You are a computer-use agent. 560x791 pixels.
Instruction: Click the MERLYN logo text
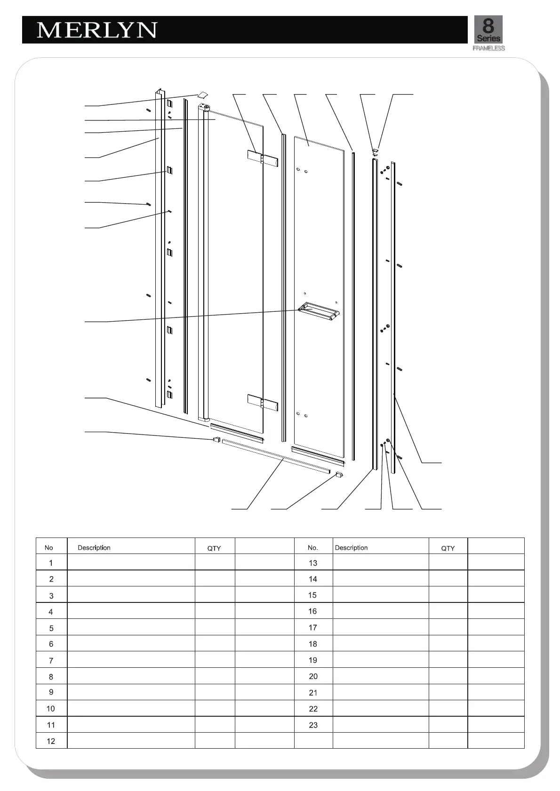pyautogui.click(x=96, y=30)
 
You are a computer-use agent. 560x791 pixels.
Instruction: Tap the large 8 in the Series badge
pyautogui.click(x=488, y=25)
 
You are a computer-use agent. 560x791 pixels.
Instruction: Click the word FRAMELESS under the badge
pyautogui.click(x=488, y=48)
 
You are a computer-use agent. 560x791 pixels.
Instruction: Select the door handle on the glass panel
pyautogui.click(x=319, y=311)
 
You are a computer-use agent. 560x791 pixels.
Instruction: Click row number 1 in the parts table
pyautogui.click(x=51, y=563)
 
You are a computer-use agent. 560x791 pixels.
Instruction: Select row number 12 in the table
pyautogui.click(x=51, y=741)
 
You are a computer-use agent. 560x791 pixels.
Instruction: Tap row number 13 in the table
pyautogui.click(x=313, y=563)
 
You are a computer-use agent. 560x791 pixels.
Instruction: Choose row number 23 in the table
pyautogui.click(x=313, y=725)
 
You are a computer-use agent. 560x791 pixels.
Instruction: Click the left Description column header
pyautogui.click(x=94, y=548)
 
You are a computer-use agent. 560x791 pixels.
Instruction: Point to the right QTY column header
pyautogui.click(x=448, y=548)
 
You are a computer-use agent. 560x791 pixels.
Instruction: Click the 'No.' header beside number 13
pyautogui.click(x=313, y=548)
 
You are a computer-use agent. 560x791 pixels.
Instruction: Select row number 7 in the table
pyautogui.click(x=51, y=660)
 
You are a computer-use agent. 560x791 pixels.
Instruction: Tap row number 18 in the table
pyautogui.click(x=313, y=644)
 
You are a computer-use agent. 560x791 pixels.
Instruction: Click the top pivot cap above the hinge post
pyautogui.click(x=202, y=94)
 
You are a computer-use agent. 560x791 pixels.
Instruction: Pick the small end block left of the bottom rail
pyautogui.click(x=216, y=440)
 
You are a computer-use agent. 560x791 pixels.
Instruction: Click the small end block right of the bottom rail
pyautogui.click(x=339, y=475)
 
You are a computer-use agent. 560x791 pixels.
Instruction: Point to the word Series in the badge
pyautogui.click(x=488, y=39)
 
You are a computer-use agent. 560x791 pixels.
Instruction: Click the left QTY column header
pyautogui.click(x=214, y=548)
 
